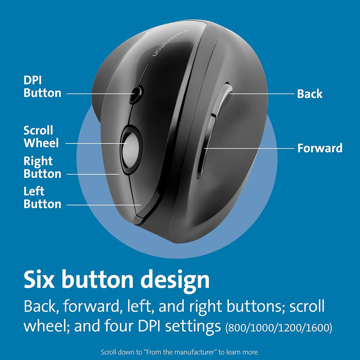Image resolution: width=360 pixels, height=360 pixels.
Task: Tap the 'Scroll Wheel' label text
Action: (41, 137)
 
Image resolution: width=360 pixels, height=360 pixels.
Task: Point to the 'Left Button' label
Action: (43, 198)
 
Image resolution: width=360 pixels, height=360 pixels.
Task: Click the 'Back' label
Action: (310, 94)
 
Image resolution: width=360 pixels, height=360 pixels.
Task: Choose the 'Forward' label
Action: (320, 148)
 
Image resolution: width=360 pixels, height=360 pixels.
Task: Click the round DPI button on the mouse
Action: (136, 94)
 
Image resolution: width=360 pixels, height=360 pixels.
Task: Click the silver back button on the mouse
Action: (223, 99)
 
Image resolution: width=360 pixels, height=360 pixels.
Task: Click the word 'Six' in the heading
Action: (39, 279)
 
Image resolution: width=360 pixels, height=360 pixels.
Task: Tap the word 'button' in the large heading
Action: (98, 279)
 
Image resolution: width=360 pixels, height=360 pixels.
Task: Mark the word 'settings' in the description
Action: (193, 326)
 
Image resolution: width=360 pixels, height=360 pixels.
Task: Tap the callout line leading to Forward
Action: (249, 148)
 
